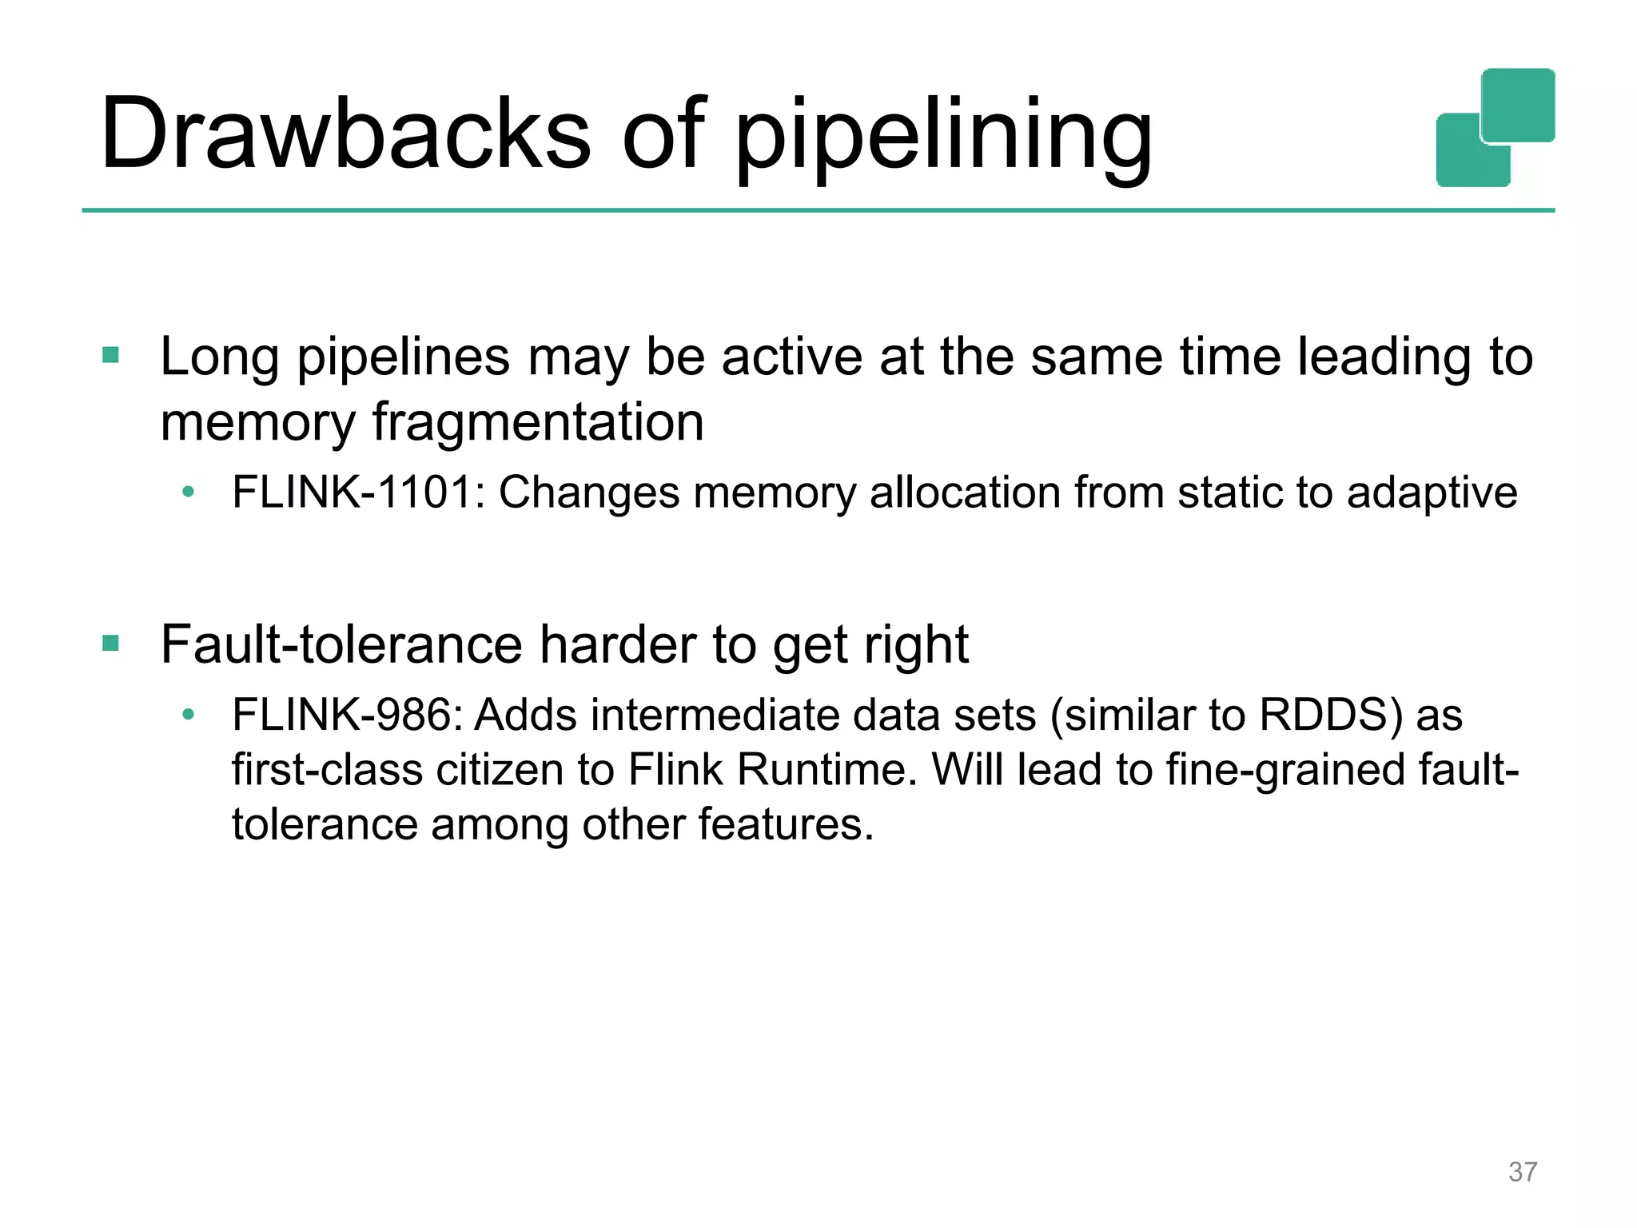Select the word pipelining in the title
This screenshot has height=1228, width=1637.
(x=943, y=136)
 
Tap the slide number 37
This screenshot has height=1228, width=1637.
(x=1523, y=1171)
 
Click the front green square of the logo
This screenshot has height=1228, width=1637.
(x=1518, y=106)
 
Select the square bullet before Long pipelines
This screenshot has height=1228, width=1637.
(x=111, y=355)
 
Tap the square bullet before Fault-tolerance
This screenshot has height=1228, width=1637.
(x=111, y=643)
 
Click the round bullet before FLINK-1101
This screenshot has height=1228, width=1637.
(x=188, y=492)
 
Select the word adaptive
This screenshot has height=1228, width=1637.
(x=1432, y=493)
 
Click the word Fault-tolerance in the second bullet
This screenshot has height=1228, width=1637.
(x=341, y=644)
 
